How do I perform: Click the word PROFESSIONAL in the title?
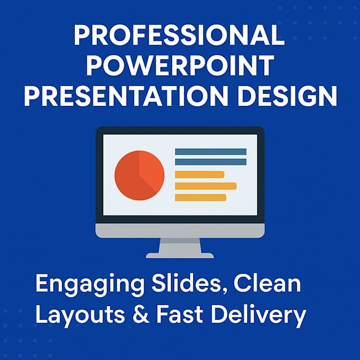point(179,36)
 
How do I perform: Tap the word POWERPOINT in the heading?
point(179,67)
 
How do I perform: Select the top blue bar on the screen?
point(210,152)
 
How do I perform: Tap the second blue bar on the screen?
point(210,162)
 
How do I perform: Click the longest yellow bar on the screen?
point(205,186)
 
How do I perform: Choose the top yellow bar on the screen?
point(199,175)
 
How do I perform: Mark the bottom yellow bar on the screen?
point(200,197)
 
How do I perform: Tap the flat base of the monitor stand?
point(180,255)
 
